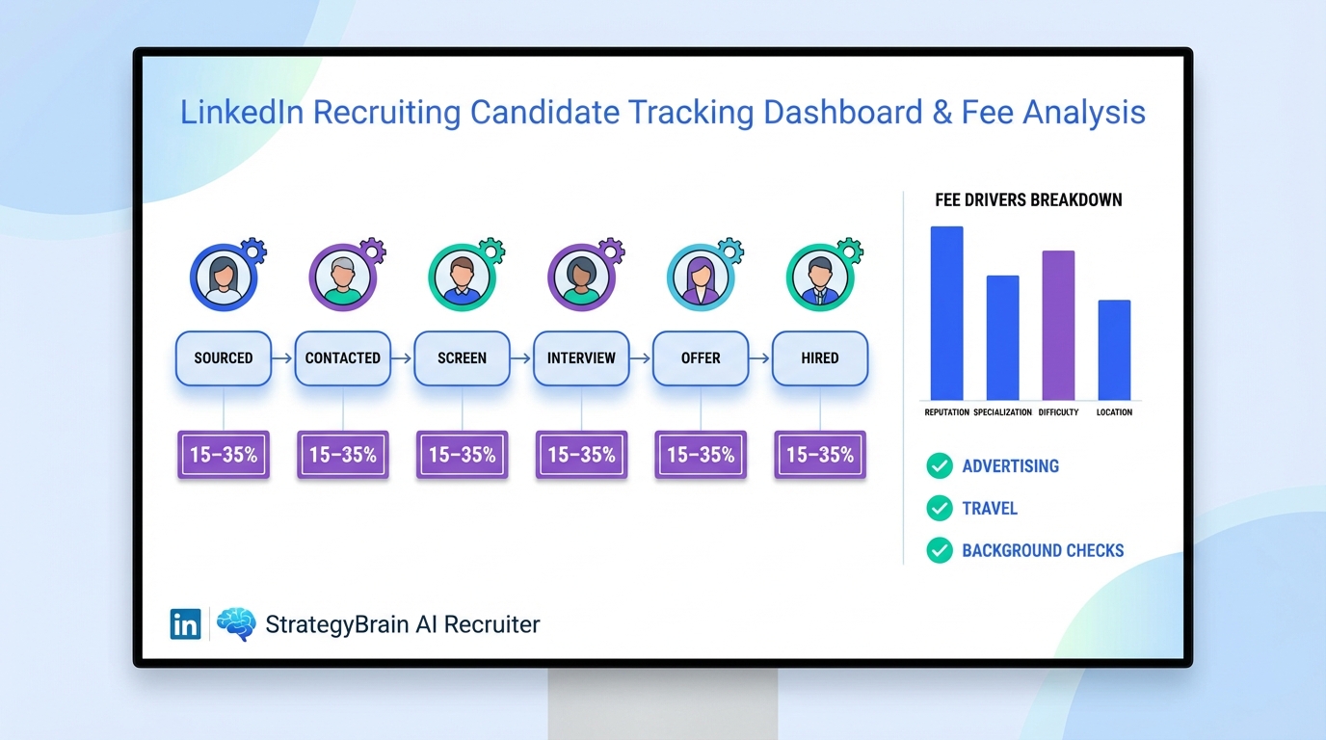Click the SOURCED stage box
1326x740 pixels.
point(224,358)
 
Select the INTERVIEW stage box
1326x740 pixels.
point(581,358)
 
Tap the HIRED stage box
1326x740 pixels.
point(820,358)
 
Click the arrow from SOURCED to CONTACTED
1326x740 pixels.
point(282,358)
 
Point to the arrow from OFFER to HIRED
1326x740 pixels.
point(760,358)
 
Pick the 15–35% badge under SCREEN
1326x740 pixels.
point(463,455)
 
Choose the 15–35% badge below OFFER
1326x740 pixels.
point(701,455)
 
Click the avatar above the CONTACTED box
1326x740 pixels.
point(342,277)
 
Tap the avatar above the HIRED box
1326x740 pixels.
point(819,277)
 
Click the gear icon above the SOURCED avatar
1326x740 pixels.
point(254,251)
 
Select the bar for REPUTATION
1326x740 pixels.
point(946,313)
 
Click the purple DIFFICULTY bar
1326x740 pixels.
point(1058,326)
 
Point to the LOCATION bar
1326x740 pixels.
point(1114,350)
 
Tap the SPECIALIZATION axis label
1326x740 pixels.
point(1002,412)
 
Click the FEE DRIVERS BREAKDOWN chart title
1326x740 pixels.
point(1028,200)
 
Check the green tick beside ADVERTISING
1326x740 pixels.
point(939,466)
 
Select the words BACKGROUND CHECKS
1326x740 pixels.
point(1043,551)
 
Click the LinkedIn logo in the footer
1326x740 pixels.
point(185,624)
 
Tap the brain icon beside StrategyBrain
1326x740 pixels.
point(236,624)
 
